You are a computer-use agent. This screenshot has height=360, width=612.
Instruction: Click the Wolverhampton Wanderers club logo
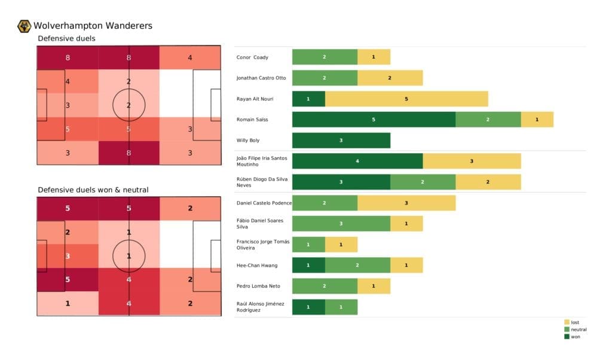click(x=25, y=26)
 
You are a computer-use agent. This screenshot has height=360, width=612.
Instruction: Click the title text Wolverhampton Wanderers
click(x=93, y=26)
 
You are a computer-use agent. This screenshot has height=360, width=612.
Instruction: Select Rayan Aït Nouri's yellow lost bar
click(x=406, y=99)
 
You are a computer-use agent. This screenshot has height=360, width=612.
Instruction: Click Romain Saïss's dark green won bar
click(x=374, y=120)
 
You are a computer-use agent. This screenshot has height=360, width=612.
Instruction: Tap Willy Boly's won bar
click(x=341, y=141)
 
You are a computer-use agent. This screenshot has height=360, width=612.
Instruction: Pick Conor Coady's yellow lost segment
click(x=374, y=57)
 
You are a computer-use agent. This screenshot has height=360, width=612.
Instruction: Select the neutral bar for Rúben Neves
click(x=423, y=182)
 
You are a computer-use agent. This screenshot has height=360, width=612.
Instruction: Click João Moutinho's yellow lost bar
click(x=472, y=161)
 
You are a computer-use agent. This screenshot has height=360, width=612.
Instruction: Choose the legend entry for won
click(x=574, y=337)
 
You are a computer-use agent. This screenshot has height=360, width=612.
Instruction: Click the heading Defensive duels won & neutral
click(x=93, y=190)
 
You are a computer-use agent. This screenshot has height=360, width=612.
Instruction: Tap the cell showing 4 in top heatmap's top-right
click(x=189, y=58)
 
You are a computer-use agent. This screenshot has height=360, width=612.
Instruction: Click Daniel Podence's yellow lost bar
click(x=406, y=203)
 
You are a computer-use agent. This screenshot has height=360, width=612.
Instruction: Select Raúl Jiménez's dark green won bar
click(x=308, y=307)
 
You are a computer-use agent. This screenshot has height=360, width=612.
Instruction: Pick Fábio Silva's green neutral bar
click(x=341, y=224)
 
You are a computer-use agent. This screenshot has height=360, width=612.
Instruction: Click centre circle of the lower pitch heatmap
click(x=129, y=256)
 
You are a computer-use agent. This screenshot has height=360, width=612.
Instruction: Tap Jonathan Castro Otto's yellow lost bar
click(x=390, y=78)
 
